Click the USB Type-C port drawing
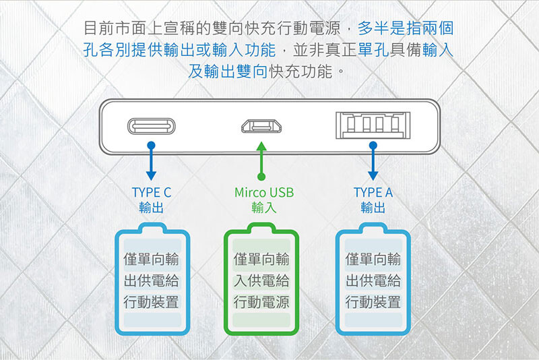coord(151,126)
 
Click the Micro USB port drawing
coord(261,126)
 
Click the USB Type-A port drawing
coord(373,125)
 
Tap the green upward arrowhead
coord(261,146)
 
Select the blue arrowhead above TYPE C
coord(151,176)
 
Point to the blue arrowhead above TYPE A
coord(373,176)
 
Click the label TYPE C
coord(151,193)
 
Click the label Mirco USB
coord(264,193)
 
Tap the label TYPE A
coord(373,193)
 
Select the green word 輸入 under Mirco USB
coord(264,208)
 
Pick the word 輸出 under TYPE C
coord(151,208)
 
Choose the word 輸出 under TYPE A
coord(373,208)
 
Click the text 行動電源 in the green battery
coord(261,302)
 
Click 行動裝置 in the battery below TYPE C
coord(151,302)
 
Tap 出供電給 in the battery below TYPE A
coord(373,280)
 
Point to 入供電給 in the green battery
coord(261,280)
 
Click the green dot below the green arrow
coord(261,177)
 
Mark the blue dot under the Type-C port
coord(151,146)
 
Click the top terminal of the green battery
coord(261,227)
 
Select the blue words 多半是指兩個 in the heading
coord(406,28)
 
